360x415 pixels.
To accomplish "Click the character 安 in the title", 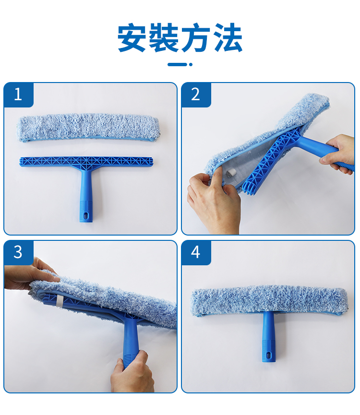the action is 132,37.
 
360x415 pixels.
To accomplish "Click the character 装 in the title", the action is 163,37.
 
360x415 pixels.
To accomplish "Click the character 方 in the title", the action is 196,37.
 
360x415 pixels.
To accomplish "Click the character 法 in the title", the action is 228,37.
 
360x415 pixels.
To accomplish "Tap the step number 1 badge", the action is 18,94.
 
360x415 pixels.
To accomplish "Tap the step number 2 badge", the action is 196,94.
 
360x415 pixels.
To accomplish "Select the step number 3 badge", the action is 18,252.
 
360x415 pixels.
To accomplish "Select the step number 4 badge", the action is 196,252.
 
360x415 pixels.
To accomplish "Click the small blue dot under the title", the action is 191,64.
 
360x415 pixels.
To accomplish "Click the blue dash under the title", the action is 177,64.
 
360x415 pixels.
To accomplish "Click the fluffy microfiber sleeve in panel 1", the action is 89,128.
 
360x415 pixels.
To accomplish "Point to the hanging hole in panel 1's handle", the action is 86,215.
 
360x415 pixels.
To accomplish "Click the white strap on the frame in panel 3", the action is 60,301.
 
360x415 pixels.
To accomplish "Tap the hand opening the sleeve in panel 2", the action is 213,202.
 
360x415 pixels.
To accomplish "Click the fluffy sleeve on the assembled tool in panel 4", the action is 269,301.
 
